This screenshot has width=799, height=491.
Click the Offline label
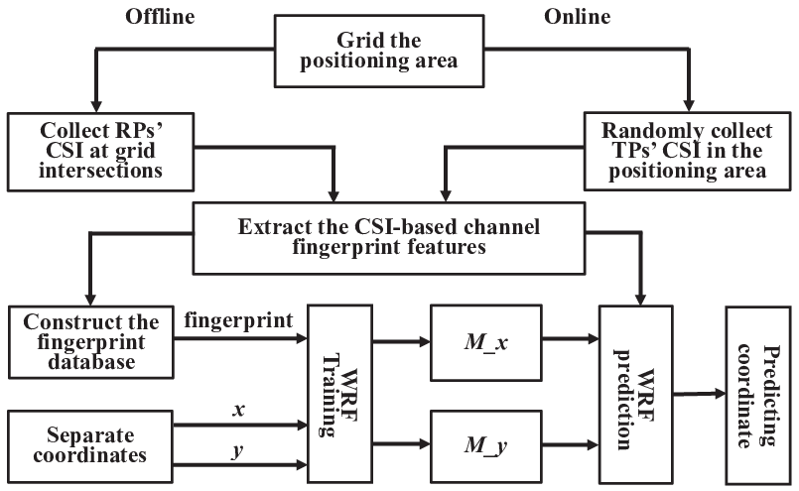tap(160, 17)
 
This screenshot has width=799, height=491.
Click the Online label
tap(578, 17)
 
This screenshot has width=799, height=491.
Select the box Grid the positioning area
tap(379, 51)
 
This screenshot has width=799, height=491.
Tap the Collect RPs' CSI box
tap(101, 152)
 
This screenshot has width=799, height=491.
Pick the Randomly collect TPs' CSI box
tap(688, 152)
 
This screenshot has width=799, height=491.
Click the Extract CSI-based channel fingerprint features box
tap(389, 238)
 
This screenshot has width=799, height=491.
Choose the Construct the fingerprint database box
tap(91, 342)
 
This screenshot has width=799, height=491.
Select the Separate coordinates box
tap(90, 446)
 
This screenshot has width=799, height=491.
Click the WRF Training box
tap(339, 394)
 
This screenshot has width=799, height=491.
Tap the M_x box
tap(486, 343)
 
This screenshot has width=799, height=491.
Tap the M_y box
tap(486, 446)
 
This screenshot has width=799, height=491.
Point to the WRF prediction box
tap(636, 395)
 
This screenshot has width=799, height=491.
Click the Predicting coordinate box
tap(758, 395)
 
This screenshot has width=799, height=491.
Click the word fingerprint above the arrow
tap(238, 320)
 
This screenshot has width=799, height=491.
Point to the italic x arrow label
tap(238, 409)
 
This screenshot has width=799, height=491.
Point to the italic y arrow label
tap(238, 450)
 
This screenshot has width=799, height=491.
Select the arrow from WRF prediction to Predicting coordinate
tap(699, 393)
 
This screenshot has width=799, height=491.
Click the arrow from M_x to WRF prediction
tap(570, 338)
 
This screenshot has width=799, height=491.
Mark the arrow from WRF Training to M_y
tap(402, 444)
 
